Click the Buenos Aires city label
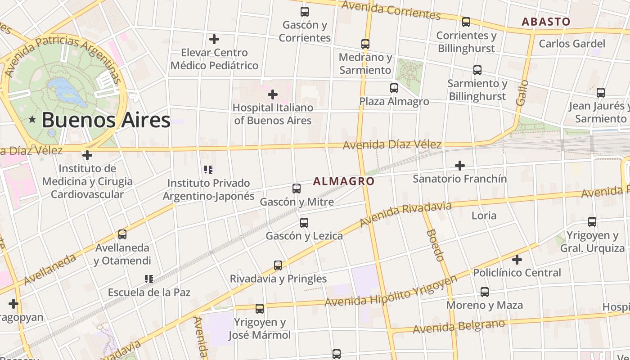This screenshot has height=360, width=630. pyautogui.click(x=106, y=120)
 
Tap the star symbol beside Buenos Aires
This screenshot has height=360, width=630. pyautogui.click(x=32, y=120)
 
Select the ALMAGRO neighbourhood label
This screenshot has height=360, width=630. pyautogui.click(x=344, y=181)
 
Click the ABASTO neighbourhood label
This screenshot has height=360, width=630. pyautogui.click(x=546, y=22)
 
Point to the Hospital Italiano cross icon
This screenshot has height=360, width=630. pyautogui.click(x=273, y=94)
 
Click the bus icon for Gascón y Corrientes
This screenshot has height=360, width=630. pyautogui.click(x=305, y=12)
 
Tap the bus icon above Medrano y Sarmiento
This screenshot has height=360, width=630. pyautogui.click(x=365, y=44)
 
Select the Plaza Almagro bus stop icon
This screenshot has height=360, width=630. pyautogui.click(x=394, y=88)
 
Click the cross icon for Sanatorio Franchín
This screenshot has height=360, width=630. pyautogui.click(x=459, y=166)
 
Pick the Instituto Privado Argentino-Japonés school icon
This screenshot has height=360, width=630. pyautogui.click(x=208, y=170)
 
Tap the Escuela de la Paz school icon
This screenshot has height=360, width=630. pyautogui.click(x=149, y=279)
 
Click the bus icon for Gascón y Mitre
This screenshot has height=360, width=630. pyautogui.click(x=297, y=189)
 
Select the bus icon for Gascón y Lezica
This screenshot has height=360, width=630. pyautogui.click(x=304, y=223)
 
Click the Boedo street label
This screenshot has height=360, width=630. pyautogui.click(x=435, y=245)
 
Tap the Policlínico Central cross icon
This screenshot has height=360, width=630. pyautogui.click(x=517, y=260)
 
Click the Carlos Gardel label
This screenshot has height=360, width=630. pyautogui.click(x=572, y=44)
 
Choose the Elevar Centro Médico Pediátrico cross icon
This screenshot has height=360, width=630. pyautogui.click(x=214, y=39)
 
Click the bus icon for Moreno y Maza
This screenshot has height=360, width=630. pyautogui.click(x=485, y=292)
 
